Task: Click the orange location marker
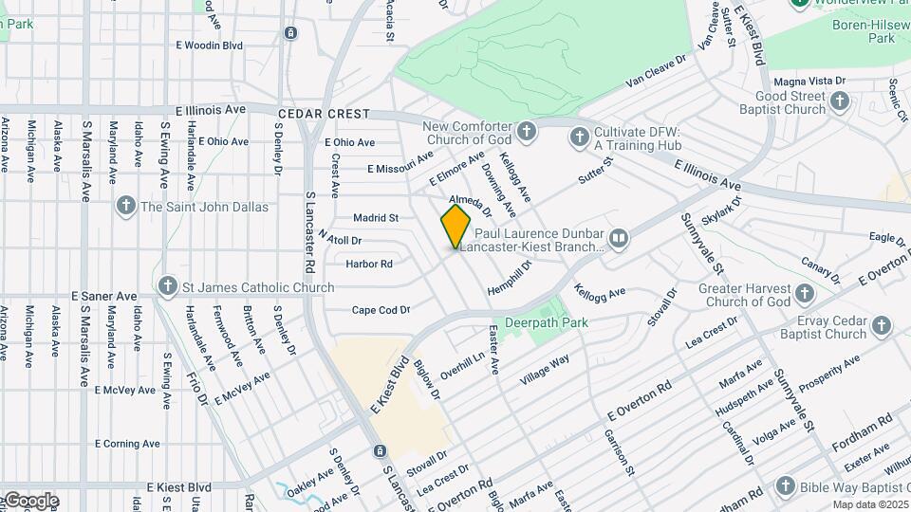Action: click(455, 226)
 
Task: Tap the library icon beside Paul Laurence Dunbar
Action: click(619, 237)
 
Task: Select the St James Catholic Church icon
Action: click(168, 285)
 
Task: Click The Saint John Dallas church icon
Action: click(125, 206)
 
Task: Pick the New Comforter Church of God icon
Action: click(527, 129)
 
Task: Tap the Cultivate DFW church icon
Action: click(579, 137)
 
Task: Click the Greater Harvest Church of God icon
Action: click(805, 293)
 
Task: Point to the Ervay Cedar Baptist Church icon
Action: click(882, 326)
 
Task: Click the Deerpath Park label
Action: click(546, 322)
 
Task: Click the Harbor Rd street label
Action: click(369, 264)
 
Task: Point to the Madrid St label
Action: click(376, 217)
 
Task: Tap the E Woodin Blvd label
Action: click(209, 46)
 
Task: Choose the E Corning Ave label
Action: click(127, 444)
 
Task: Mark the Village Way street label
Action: click(546, 369)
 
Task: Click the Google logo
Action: click(30, 500)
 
